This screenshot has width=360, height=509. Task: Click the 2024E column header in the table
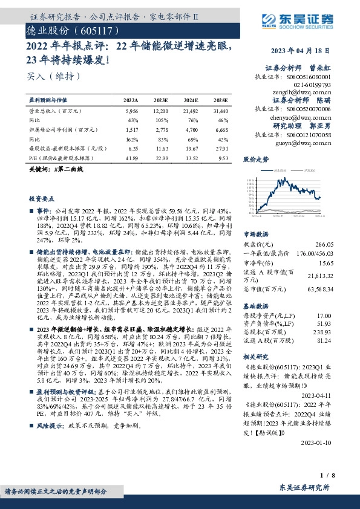tap(190, 100)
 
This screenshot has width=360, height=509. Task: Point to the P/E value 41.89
tap(130, 157)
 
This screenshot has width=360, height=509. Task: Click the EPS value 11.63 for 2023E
tap(161, 148)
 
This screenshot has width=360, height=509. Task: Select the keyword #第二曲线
tap(69, 170)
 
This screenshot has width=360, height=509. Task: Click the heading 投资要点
tap(42, 198)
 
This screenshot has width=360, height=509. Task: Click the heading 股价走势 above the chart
tap(255, 160)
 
